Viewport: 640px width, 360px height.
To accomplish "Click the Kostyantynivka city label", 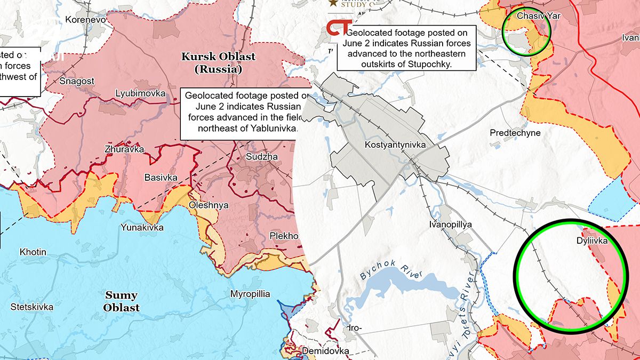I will tap(394, 145).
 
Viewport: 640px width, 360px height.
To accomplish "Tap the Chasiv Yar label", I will tap(538, 16).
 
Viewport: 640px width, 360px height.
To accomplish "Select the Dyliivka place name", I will tap(592, 241).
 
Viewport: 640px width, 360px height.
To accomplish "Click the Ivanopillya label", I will tap(450, 225).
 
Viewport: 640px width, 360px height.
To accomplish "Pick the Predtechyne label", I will tap(515, 133).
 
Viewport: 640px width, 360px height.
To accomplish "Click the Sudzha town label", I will tap(261, 157).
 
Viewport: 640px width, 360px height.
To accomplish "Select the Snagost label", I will tap(77, 81).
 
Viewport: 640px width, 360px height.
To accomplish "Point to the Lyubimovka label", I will tap(140, 94).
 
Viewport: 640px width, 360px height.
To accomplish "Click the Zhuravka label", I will tap(125, 149).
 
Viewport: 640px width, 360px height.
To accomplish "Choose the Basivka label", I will tap(162, 177).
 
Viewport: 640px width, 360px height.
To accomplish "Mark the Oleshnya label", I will tap(209, 205).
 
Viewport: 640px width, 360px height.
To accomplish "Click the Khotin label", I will tap(33, 252).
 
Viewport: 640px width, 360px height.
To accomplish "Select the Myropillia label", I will tap(250, 294).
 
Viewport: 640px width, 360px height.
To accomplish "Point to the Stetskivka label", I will tap(32, 307).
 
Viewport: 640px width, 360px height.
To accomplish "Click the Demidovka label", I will tap(325, 351).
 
